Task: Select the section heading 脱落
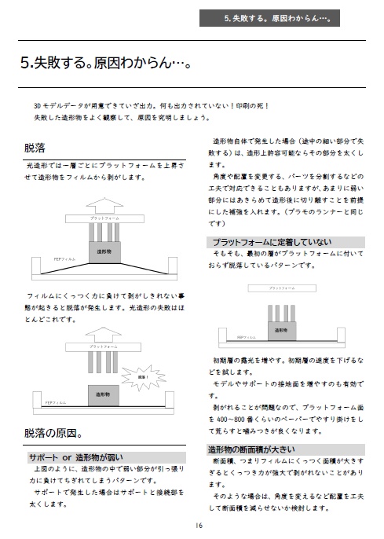pos(35,147)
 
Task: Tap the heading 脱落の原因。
pos(53,432)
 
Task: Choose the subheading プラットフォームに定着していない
pos(271,241)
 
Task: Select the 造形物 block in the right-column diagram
pos(280,331)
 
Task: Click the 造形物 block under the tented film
pos(104,251)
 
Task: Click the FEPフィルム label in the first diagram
pos(64,257)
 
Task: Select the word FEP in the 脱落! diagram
pos(49,401)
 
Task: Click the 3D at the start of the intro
pos(38,104)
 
